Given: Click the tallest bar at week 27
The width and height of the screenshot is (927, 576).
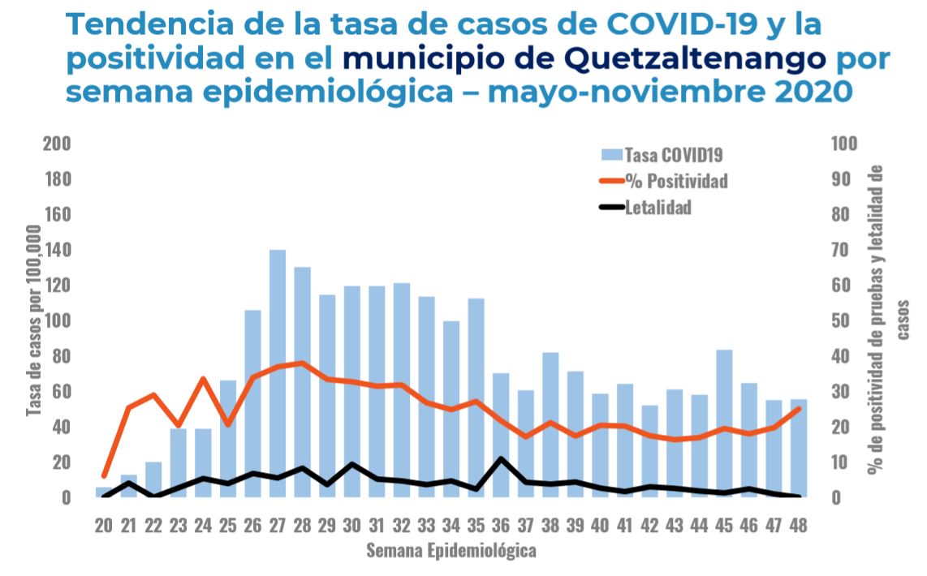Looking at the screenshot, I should (278, 373).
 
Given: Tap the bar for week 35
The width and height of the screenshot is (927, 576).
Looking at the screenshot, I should (476, 398).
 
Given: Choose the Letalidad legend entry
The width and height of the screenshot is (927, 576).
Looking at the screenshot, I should (658, 208).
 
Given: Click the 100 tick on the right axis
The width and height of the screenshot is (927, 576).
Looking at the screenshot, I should (845, 144).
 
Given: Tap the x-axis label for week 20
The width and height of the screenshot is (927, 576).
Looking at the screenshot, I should (103, 525).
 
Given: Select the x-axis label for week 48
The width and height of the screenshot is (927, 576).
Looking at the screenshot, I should (800, 525).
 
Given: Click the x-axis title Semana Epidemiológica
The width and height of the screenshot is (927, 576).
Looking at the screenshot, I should (451, 552).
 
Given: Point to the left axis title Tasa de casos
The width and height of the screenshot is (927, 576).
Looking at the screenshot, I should (34, 320).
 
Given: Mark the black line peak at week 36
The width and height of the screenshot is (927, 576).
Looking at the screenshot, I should (502, 459).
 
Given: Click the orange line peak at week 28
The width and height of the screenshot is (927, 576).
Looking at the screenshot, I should (302, 363).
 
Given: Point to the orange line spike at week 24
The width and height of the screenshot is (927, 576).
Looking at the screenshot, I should (203, 379).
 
